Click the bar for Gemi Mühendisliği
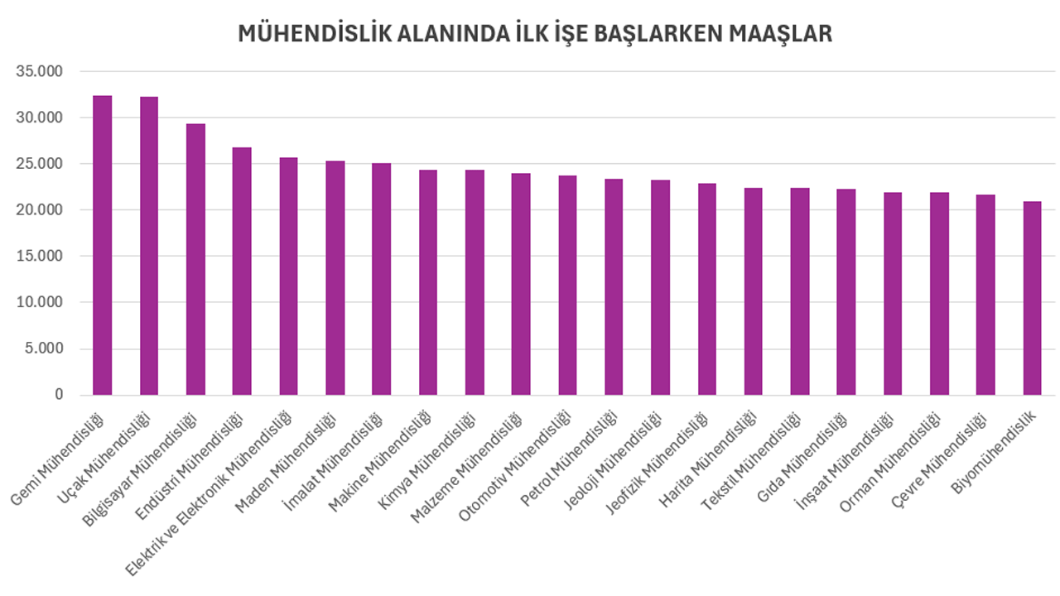click(102, 248)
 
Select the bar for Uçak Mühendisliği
click(148, 248)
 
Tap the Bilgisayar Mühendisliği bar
click(195, 261)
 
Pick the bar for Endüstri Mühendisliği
click(242, 273)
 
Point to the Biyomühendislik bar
click(1032, 298)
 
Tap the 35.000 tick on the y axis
click(40, 71)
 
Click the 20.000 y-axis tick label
click(40, 210)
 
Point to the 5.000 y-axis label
click(44, 348)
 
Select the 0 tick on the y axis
click(59, 395)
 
